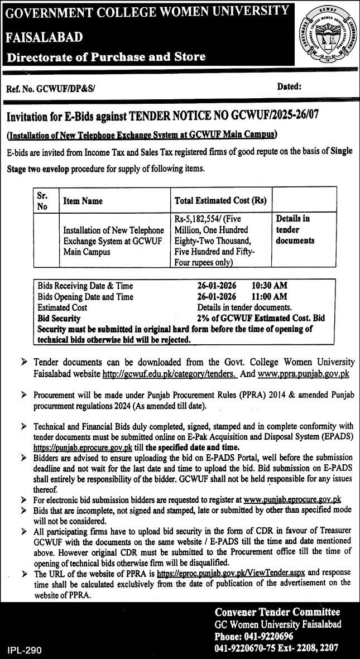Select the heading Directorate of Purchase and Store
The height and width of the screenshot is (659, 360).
click(x=106, y=56)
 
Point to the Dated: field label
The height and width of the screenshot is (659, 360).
click(x=289, y=86)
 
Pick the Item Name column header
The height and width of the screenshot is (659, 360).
click(x=83, y=201)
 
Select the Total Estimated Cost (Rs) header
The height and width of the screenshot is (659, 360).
click(x=220, y=201)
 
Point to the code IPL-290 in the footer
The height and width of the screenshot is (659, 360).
click(x=25, y=650)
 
